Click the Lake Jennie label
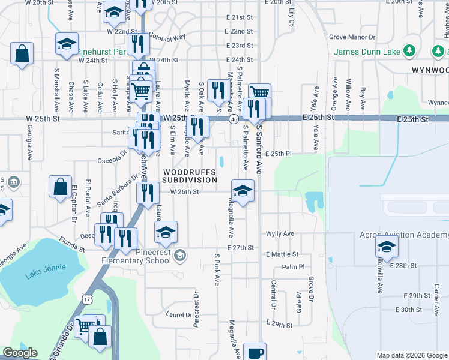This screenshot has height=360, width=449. [40, 276]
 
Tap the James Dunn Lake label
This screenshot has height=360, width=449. [367, 52]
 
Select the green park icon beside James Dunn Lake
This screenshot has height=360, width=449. [410, 51]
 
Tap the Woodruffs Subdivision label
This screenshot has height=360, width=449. [189, 176]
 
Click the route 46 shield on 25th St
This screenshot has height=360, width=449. [232, 119]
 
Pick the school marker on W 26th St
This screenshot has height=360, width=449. [243, 191]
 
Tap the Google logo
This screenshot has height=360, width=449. [20, 353]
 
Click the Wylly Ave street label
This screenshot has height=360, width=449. [280, 233]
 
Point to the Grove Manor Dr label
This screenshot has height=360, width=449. [352, 37]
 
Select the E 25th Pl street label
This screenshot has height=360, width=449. [277, 154]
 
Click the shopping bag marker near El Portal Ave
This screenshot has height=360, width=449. [61, 187]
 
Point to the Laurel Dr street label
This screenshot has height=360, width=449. [179, 314]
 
